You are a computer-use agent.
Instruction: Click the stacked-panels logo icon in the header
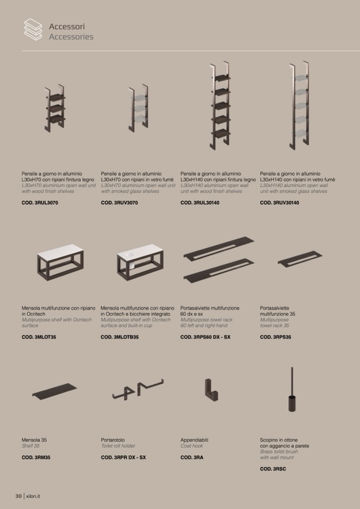point(33,29)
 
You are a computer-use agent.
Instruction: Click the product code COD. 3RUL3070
point(40,203)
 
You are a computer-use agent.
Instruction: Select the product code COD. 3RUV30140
point(279,203)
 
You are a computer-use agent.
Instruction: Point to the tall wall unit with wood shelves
point(220,106)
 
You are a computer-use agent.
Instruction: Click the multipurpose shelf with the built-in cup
point(140,262)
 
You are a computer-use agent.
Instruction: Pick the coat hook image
point(211,390)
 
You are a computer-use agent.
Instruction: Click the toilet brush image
point(292,390)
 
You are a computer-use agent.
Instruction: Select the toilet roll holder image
point(138,389)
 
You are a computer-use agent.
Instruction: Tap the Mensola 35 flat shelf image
point(55,391)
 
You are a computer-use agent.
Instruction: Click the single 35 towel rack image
point(300,258)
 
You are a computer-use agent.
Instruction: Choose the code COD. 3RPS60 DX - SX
point(205,337)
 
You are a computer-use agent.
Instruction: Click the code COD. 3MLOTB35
point(120,337)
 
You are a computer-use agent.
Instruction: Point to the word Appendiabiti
point(194,440)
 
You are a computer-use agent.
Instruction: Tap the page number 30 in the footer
point(18,496)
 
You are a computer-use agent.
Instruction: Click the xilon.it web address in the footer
point(33,496)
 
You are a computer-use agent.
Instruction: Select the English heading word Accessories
point(71,37)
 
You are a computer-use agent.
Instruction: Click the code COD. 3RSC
point(273,469)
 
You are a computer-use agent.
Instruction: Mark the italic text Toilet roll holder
point(118,446)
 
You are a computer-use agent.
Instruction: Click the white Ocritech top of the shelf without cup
point(61,251)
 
